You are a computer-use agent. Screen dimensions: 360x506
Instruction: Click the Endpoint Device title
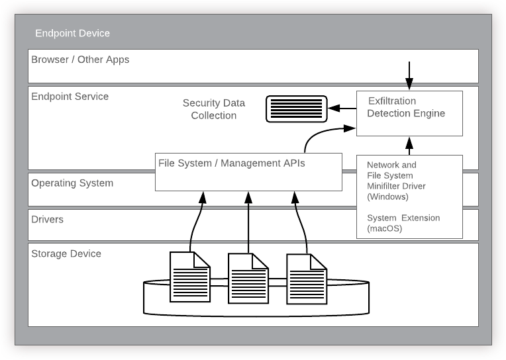[72, 33]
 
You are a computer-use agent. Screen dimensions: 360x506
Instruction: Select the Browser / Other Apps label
[80, 60]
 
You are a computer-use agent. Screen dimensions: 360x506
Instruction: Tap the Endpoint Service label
[70, 97]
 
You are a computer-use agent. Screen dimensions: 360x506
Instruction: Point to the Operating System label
[72, 183]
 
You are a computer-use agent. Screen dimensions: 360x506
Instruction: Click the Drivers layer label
[48, 219]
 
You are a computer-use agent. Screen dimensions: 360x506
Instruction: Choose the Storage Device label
[66, 253]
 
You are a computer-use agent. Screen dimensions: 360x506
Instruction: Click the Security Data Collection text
[214, 109]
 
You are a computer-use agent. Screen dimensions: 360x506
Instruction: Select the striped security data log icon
[296, 109]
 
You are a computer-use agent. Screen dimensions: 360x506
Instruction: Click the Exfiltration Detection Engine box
[409, 113]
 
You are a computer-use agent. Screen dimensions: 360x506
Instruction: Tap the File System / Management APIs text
[232, 163]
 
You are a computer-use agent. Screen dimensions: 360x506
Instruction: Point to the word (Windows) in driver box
[387, 197]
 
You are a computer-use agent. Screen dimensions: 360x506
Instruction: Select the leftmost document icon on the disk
[190, 277]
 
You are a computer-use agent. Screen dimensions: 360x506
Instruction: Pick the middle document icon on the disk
[248, 279]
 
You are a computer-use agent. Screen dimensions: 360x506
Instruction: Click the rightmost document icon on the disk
[307, 279]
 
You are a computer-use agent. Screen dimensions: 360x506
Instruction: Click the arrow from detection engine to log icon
[342, 108]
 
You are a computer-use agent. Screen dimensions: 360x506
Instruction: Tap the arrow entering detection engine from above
[409, 75]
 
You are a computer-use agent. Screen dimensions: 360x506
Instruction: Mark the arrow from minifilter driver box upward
[409, 146]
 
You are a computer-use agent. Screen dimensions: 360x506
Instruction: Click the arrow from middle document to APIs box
[248, 222]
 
